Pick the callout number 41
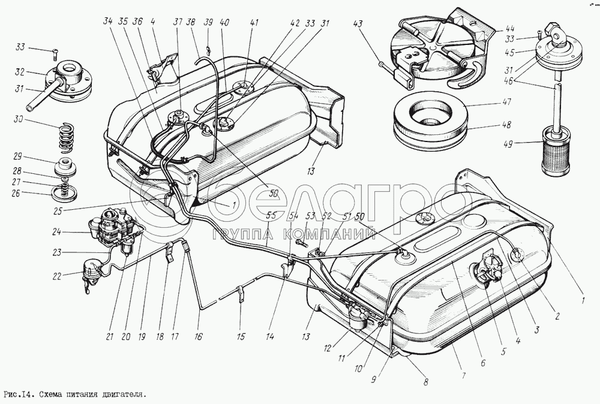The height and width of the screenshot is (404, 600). [254, 23]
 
